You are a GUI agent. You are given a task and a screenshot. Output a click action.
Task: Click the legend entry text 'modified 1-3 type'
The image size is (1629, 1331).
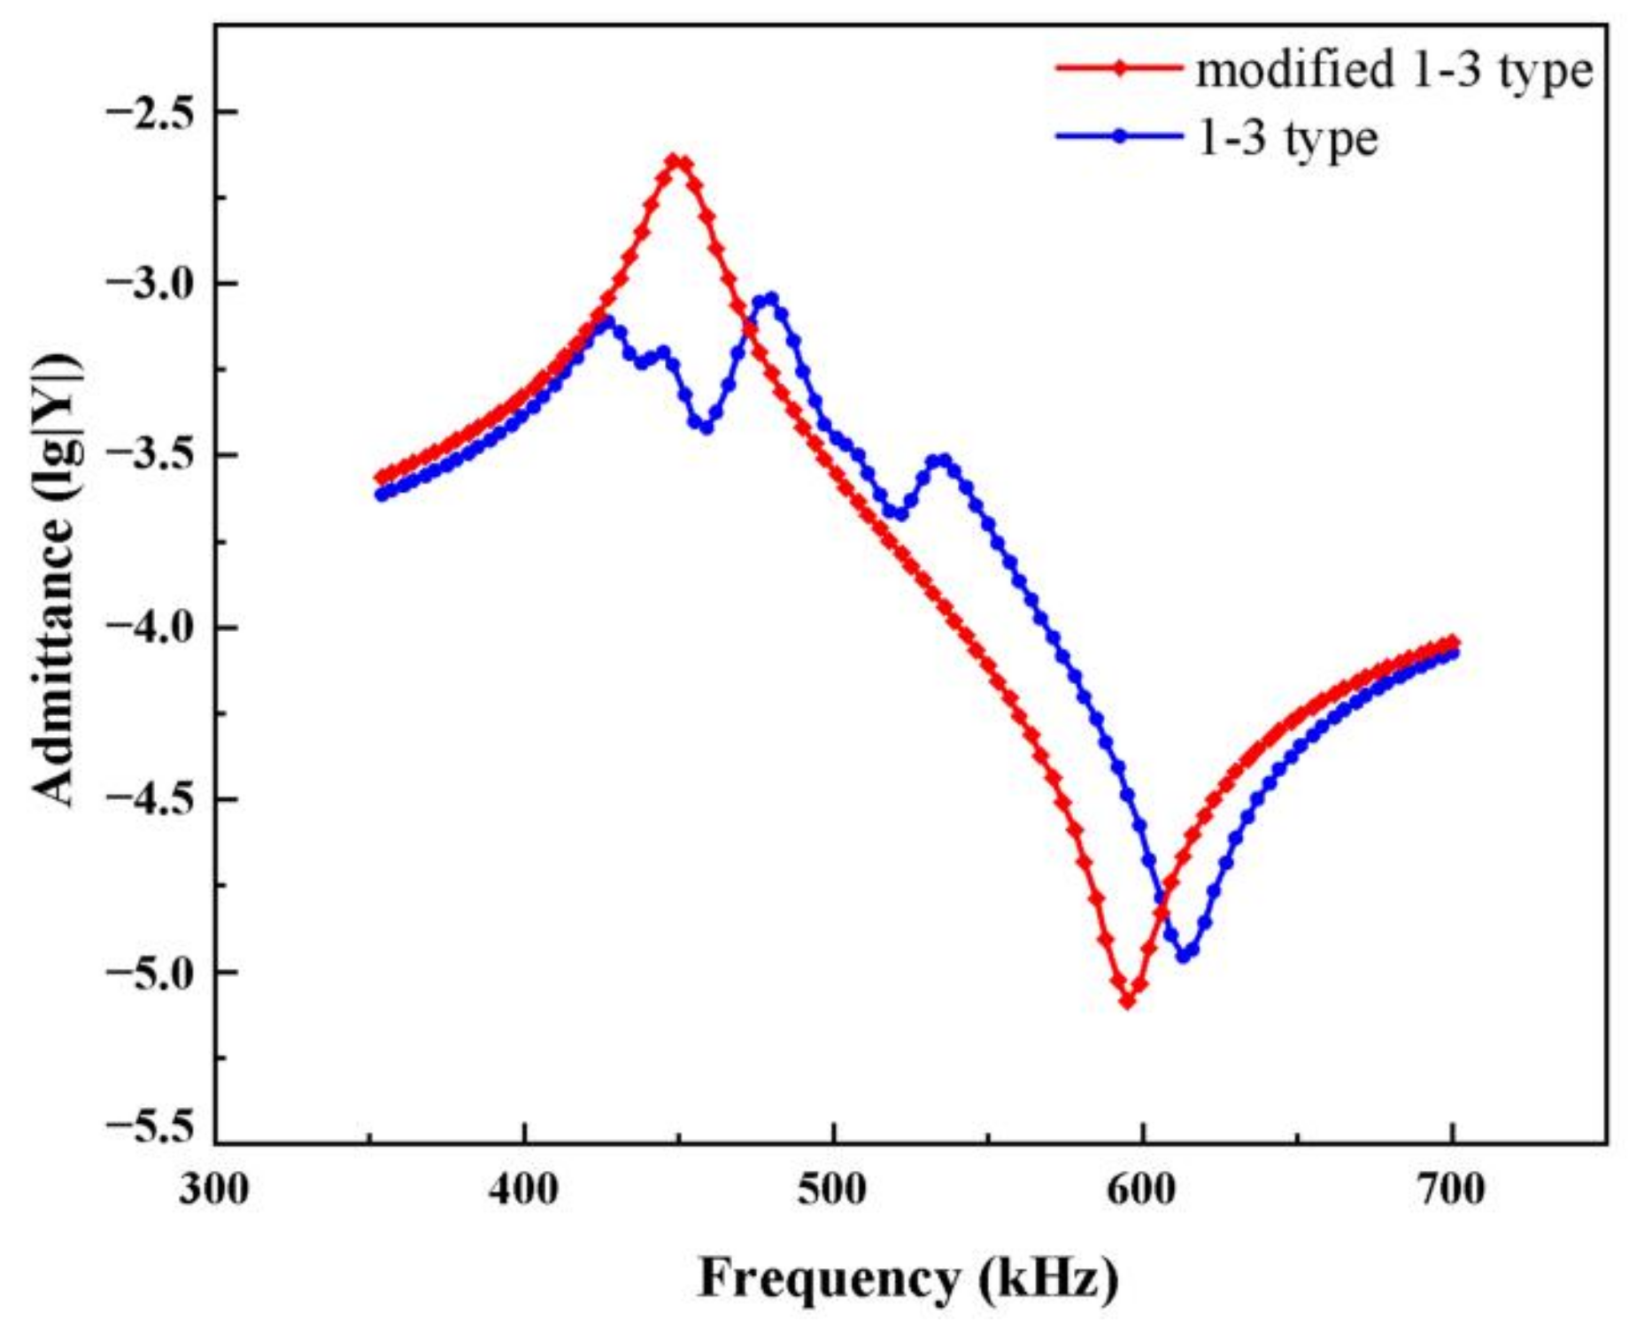point(1394,71)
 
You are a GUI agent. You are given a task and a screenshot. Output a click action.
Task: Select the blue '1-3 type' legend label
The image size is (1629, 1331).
point(1287,139)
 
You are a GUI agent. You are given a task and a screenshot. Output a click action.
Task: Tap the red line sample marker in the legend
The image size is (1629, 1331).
point(1120,67)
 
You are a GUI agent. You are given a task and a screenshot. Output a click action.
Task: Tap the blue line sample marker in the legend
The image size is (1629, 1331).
point(1120,136)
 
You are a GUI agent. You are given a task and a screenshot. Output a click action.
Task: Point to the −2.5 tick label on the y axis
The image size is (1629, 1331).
point(149,112)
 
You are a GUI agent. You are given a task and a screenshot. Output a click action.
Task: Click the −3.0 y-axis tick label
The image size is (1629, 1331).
point(149,284)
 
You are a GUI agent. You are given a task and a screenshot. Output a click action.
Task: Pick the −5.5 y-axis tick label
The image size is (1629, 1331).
point(149,1127)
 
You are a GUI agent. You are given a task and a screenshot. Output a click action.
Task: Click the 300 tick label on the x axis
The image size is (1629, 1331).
point(214,1190)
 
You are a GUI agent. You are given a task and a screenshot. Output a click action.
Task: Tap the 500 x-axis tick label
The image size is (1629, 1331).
point(833,1190)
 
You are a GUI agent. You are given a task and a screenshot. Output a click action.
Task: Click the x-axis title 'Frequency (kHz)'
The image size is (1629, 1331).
point(908,1279)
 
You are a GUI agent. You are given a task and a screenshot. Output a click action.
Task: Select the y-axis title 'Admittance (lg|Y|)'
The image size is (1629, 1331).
point(57,580)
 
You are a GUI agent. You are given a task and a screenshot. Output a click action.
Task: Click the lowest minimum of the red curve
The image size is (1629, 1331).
point(1127,1001)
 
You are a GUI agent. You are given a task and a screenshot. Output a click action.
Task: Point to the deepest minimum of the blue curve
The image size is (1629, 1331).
point(1183,957)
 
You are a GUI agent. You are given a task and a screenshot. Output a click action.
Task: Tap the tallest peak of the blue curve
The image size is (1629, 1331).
point(771,299)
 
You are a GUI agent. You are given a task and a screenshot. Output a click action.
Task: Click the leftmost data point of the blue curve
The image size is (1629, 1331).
point(382,495)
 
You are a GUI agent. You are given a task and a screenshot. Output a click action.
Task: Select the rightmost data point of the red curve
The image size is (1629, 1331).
point(1452,642)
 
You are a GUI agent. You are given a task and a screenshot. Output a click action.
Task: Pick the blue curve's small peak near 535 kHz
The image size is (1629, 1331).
point(943,460)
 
